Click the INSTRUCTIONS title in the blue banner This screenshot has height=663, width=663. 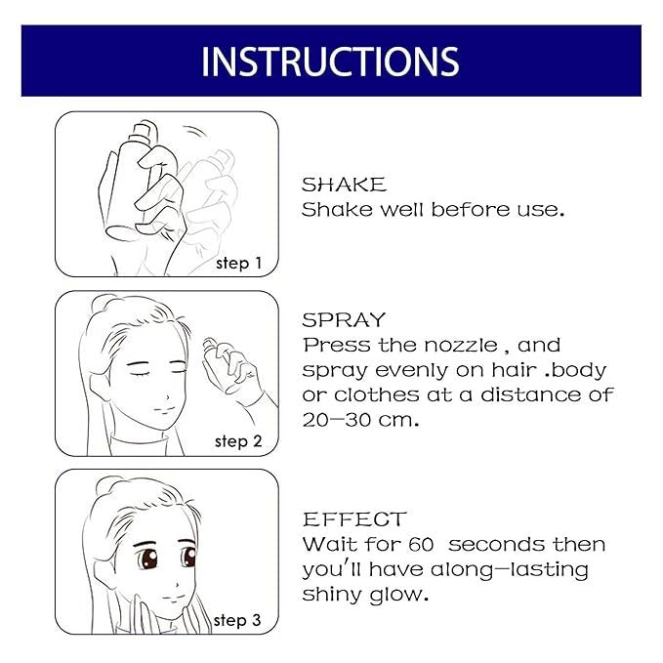tap(330, 61)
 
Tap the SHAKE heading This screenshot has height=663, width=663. tap(344, 185)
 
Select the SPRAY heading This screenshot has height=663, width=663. tap(345, 319)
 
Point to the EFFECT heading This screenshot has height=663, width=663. tap(353, 518)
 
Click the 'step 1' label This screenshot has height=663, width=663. tap(238, 262)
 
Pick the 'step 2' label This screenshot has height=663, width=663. tap(238, 441)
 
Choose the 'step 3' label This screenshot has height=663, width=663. tap(238, 620)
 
